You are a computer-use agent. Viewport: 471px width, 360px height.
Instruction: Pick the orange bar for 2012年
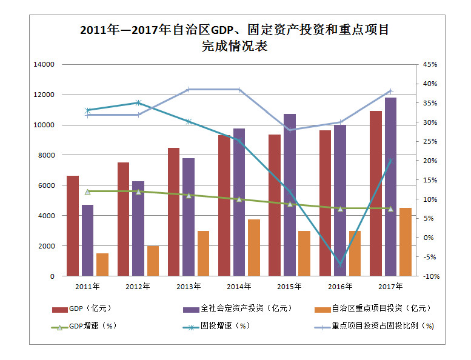153,261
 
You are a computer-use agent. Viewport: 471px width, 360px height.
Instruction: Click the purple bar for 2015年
290,195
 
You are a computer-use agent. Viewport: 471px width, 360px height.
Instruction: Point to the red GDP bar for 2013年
174,212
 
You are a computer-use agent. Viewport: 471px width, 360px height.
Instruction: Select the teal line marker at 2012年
138,103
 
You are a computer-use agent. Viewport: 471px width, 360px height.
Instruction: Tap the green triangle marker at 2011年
88,192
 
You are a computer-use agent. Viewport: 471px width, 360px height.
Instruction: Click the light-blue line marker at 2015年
290,130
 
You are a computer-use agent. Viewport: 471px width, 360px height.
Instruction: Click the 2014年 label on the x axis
239,286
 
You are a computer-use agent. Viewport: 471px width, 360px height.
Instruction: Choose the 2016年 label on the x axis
340,286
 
